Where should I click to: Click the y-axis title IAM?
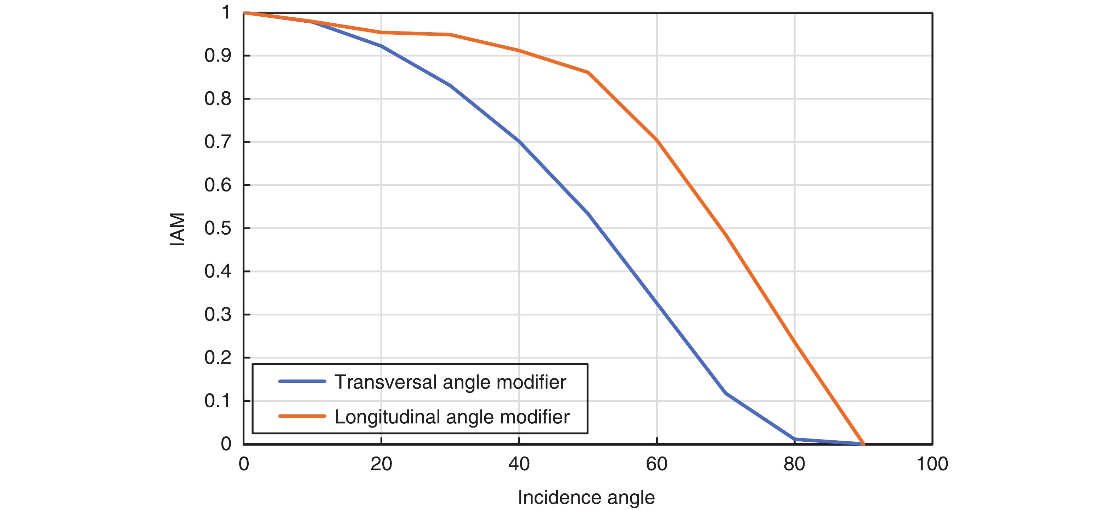(177, 229)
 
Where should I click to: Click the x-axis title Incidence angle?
(586, 498)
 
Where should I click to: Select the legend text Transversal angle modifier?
(450, 382)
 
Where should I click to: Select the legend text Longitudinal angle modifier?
(452, 417)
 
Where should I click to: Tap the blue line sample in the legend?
(302, 382)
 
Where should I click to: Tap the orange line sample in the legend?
(302, 417)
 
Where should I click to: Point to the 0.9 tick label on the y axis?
(218, 56)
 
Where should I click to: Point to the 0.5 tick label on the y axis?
(218, 228)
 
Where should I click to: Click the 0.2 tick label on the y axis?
(218, 357)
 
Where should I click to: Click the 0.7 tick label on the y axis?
(218, 142)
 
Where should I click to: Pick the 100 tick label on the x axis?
(932, 464)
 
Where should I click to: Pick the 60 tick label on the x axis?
(656, 464)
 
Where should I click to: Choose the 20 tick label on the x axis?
(381, 464)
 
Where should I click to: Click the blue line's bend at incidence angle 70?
(726, 393)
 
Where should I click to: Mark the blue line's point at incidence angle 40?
(519, 141)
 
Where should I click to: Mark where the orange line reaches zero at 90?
(863, 444)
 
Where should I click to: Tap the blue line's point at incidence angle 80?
(795, 439)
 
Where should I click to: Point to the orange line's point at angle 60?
(657, 140)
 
